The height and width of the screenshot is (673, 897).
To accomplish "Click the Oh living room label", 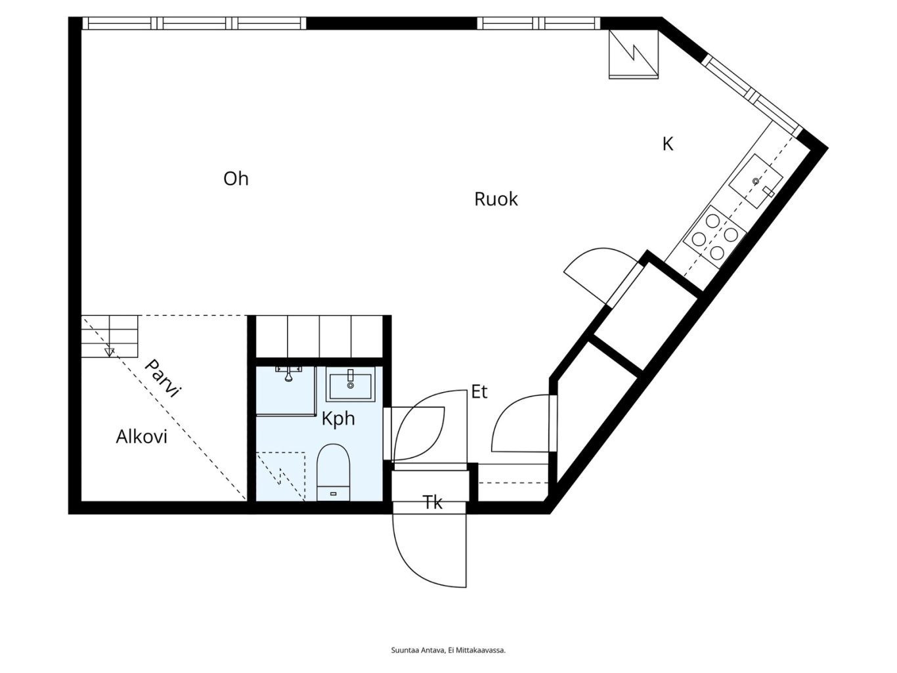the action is (236, 179).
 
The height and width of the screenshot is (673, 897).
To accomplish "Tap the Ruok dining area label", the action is (496, 199).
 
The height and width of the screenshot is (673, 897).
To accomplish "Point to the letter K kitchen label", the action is (668, 144).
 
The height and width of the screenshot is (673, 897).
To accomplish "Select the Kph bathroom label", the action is (338, 418).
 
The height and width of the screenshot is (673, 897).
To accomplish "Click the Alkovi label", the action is (141, 437).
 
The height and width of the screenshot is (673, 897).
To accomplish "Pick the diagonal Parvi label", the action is (162, 378).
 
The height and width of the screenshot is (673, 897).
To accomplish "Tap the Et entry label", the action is (479, 391).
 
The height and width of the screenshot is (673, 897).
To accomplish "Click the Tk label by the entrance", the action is (432, 502).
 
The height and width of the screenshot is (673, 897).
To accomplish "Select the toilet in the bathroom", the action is (334, 472).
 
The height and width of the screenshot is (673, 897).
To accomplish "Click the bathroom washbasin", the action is (350, 385).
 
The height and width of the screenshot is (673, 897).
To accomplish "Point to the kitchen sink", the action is (756, 181).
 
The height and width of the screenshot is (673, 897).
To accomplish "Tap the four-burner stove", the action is (714, 237).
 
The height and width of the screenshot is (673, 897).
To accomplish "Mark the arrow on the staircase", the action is (109, 352).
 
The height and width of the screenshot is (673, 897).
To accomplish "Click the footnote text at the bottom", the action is (448, 650).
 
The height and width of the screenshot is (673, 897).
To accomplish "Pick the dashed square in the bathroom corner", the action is (280, 476).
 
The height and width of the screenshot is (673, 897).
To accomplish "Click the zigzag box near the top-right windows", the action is (634, 54).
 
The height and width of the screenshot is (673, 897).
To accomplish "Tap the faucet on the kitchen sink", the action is (768, 192).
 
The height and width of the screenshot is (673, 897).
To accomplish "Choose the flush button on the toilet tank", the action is (333, 494).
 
